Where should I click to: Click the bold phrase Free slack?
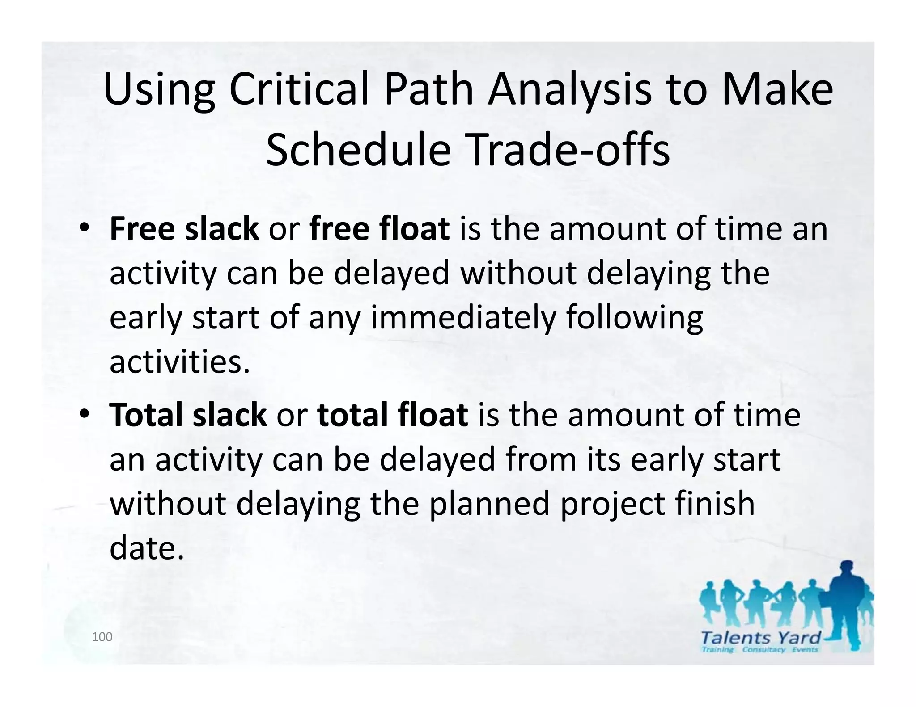184,228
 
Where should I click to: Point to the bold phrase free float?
379,228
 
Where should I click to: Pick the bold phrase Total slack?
188,415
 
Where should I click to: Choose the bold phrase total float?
392,415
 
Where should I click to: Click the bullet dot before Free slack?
84,229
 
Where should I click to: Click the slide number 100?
102,637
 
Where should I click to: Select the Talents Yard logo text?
761,637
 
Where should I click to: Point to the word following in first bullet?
635,318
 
